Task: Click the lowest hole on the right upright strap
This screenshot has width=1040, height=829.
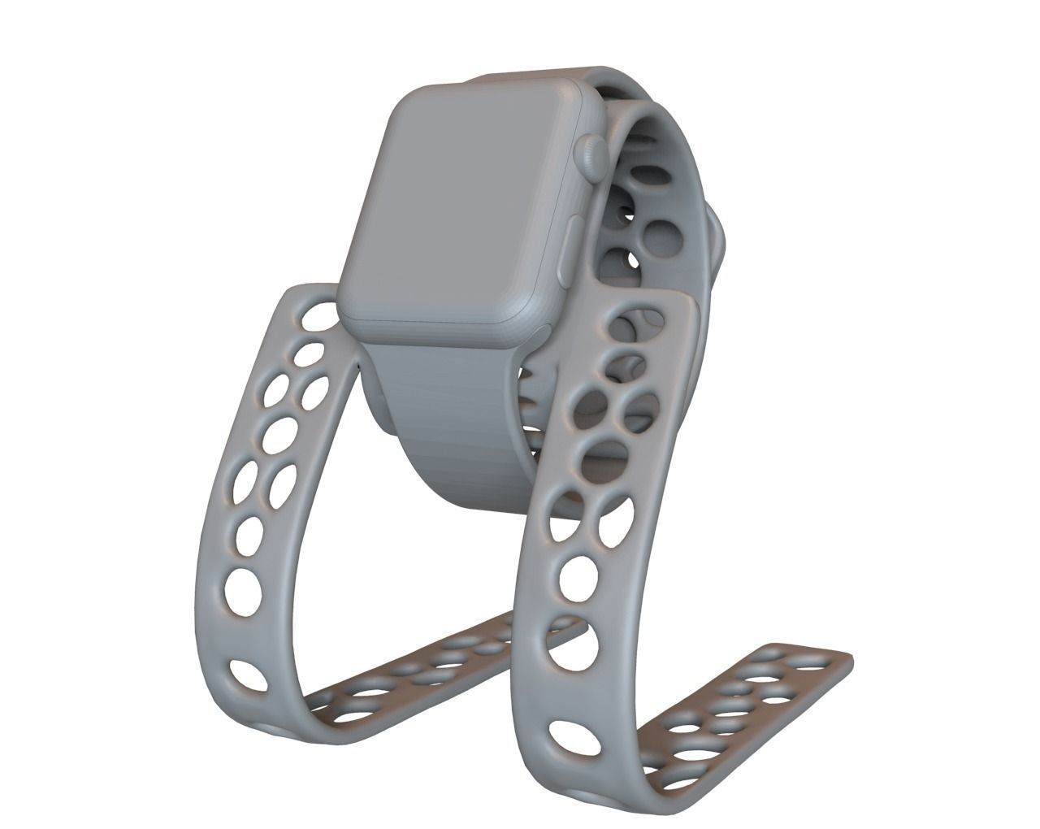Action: pyautogui.click(x=574, y=737)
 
